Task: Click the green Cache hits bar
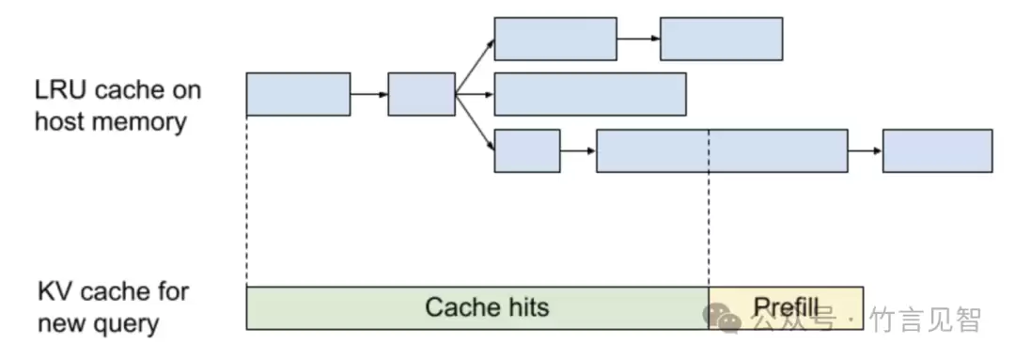[x=477, y=307]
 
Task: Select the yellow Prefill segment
[x=786, y=307]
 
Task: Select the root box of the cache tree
[x=299, y=94]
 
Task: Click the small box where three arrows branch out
[x=421, y=94]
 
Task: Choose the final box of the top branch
[x=721, y=39]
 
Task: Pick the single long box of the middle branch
[x=589, y=94]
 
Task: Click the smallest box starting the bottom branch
[x=527, y=151]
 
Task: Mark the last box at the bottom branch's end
[x=937, y=151]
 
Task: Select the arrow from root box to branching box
[x=369, y=95]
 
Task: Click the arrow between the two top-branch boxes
[x=638, y=39]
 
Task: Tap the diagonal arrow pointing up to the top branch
[x=476, y=67]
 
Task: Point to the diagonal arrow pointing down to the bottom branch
[x=476, y=122]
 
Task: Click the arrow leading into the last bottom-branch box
[x=865, y=151]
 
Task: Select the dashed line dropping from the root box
[x=246, y=201]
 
